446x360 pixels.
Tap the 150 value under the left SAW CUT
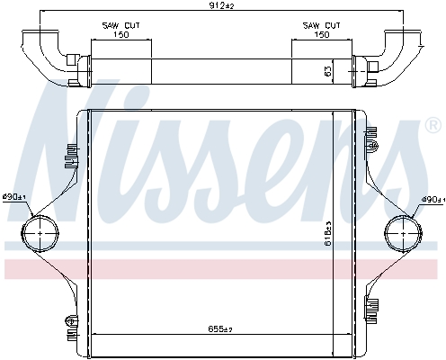click(120, 36)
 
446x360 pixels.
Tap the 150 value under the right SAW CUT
click(320, 36)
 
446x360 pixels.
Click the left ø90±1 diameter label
click(13, 196)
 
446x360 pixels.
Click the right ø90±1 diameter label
click(431, 199)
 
